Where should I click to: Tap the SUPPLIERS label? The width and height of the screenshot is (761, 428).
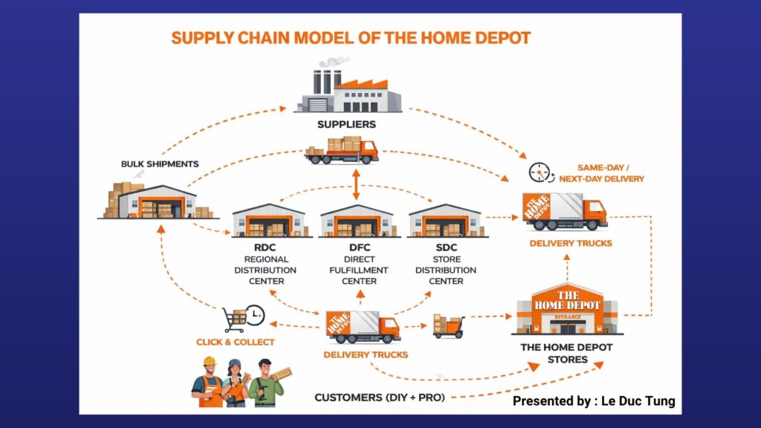[346, 124]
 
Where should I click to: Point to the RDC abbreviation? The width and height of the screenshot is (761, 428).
[265, 247]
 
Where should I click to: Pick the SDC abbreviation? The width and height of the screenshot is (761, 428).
[446, 247]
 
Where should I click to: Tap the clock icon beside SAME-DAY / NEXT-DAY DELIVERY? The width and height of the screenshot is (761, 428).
[540, 173]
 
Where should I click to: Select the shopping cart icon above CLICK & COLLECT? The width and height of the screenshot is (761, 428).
[236, 320]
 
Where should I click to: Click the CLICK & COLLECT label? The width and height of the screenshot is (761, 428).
[235, 342]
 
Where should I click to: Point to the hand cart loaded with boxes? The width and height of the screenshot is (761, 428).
[448, 326]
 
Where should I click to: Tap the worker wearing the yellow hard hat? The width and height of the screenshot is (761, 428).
[210, 382]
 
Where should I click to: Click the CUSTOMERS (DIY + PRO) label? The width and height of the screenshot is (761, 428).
[379, 398]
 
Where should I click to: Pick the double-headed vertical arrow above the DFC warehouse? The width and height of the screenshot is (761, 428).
[357, 183]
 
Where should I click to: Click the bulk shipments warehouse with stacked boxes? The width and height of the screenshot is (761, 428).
[156, 201]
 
